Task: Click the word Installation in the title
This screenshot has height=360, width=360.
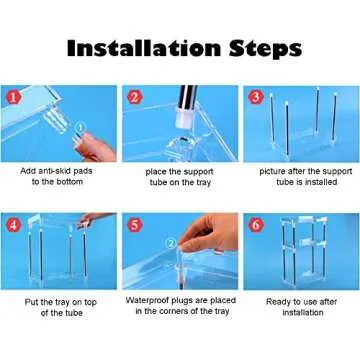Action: (144, 48)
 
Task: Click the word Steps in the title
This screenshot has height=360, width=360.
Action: (266, 50)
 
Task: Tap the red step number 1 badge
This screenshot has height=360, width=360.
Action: (13, 98)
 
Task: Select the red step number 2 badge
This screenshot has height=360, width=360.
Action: (134, 97)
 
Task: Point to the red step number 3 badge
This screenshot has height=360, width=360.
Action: (256, 97)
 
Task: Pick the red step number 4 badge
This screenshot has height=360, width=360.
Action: (13, 225)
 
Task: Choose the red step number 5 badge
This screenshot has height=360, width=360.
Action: (134, 225)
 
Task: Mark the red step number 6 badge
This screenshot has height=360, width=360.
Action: (256, 225)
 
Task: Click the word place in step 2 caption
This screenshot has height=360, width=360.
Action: (154, 172)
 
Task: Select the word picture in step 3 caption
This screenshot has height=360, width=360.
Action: (272, 171)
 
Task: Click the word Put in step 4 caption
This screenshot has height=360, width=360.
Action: (31, 302)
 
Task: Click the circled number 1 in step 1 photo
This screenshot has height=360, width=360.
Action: (80, 127)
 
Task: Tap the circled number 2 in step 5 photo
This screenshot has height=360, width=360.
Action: (171, 244)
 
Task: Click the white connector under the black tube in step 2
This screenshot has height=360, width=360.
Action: (183, 119)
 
